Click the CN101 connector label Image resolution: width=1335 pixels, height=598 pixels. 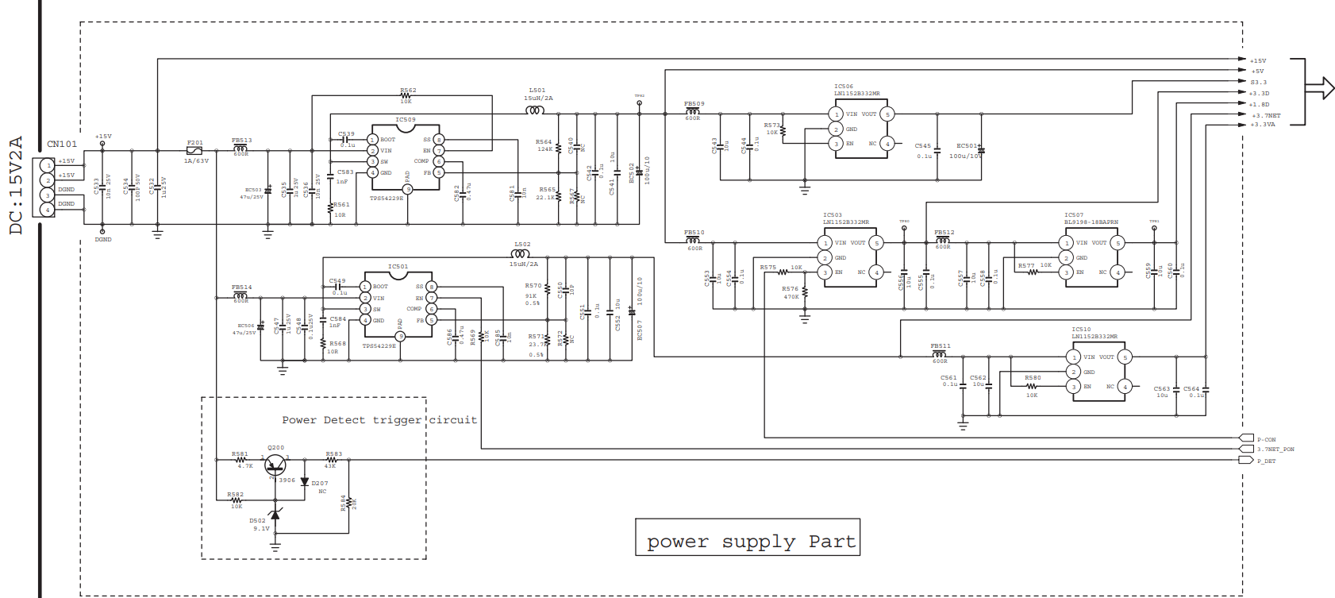tap(62, 144)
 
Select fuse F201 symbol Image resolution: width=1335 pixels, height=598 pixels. tap(194, 150)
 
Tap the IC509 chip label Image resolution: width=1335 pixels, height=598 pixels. tap(406, 120)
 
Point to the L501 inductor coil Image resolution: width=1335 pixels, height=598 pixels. tap(536, 110)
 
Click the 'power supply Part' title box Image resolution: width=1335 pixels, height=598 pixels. tap(747, 538)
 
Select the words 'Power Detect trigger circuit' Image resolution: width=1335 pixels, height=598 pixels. tap(379, 420)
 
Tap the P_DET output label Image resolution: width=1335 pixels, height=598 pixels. tap(1266, 461)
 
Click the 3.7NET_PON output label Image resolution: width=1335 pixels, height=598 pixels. tap(1275, 449)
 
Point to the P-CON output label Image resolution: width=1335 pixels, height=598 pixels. tap(1266, 439)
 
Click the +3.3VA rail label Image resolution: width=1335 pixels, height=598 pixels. tap(1263, 125)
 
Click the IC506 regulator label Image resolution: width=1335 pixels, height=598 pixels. tap(843, 87)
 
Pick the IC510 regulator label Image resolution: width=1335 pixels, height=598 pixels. tap(1081, 329)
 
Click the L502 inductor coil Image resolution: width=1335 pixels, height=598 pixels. tap(521, 254)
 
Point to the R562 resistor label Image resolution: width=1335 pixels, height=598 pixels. tap(408, 91)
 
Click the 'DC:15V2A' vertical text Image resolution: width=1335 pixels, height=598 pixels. tap(16, 185)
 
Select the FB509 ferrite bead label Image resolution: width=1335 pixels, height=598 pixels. tap(694, 104)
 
